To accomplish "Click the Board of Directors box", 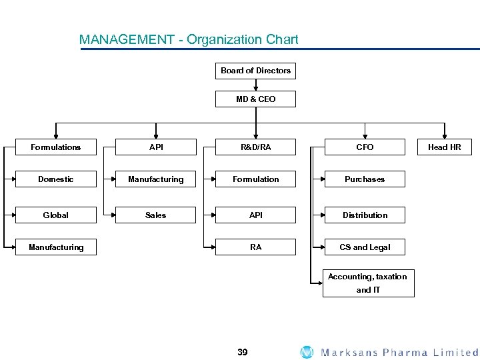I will [x=255, y=71].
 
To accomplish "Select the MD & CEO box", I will [x=255, y=99].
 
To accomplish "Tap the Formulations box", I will [x=56, y=147].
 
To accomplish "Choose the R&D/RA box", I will [x=255, y=147].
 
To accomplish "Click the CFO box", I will [x=365, y=147].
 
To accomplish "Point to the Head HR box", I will [x=444, y=147].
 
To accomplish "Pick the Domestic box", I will [x=56, y=179].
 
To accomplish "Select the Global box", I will [x=56, y=215].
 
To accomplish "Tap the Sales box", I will [x=156, y=215].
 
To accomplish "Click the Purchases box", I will [x=365, y=179].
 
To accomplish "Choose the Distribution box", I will [x=365, y=215].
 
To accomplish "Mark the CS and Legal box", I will [x=365, y=247].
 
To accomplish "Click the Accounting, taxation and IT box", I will [x=368, y=283].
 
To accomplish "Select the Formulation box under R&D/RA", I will [x=255, y=179].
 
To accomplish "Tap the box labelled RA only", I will [x=255, y=247].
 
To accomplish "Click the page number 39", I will [x=242, y=352].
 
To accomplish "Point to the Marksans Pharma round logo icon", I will [x=307, y=352].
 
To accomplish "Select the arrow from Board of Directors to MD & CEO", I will [x=255, y=85].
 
